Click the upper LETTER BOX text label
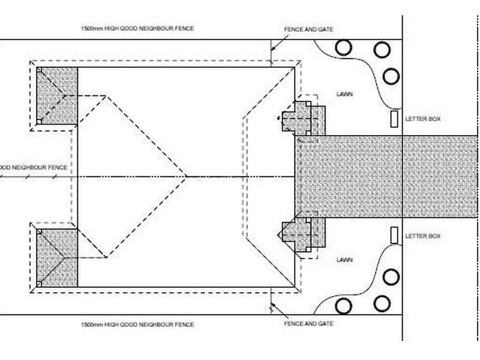(x=423, y=119)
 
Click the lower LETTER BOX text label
(x=423, y=236)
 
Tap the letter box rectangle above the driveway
(x=394, y=119)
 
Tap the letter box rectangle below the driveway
(x=394, y=235)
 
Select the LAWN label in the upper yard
(x=344, y=94)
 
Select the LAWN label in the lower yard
(x=344, y=260)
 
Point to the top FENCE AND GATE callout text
(x=308, y=29)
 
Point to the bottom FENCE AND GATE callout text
(x=308, y=323)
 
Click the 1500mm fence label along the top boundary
(x=137, y=28)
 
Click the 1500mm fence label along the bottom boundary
(x=137, y=325)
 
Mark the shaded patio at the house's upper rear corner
(x=57, y=96)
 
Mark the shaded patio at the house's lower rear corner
(x=57, y=258)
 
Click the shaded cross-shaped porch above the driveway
(x=304, y=119)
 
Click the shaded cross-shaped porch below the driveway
(x=304, y=235)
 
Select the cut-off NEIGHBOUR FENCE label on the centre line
(x=33, y=167)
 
